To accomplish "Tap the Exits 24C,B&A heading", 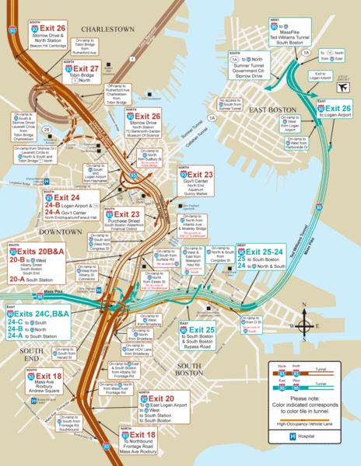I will pos(44,313).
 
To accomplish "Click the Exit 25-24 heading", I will pos(270,253).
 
